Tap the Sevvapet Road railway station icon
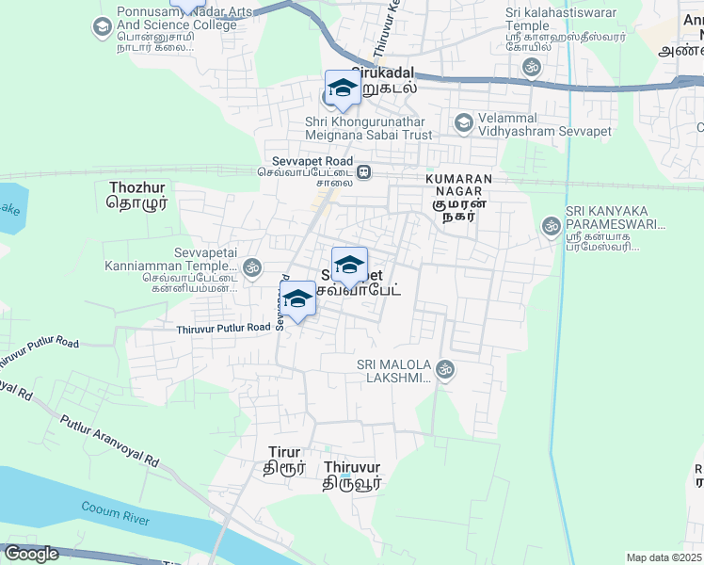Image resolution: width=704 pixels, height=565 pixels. (363, 172)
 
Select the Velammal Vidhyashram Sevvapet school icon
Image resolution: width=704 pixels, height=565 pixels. (463, 122)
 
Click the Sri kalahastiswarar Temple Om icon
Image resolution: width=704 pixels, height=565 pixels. (532, 67)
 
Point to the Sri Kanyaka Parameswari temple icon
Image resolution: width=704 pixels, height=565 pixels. (551, 225)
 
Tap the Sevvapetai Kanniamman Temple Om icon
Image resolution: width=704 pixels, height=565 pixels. (251, 268)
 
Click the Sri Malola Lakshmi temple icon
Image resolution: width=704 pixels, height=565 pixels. (445, 370)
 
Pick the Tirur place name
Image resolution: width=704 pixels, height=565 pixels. (284, 458)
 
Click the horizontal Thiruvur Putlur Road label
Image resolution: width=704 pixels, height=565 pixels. (224, 328)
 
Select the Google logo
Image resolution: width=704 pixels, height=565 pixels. (31, 554)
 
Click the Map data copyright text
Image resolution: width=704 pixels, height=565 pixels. (664, 557)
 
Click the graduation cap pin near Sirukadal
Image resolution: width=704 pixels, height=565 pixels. (343, 89)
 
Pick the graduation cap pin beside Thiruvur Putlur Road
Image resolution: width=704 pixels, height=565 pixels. (297, 299)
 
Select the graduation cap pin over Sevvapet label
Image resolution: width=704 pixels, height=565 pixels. (349, 265)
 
